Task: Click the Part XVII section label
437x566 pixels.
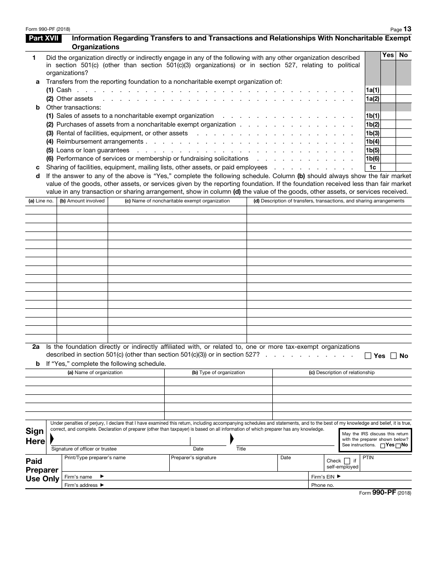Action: pyautogui.click(x=44, y=39)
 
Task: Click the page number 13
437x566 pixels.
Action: pyautogui.click(x=407, y=29)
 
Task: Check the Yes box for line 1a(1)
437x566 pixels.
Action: pyautogui.click(x=388, y=90)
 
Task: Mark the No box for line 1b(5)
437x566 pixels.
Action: pyautogui.click(x=403, y=150)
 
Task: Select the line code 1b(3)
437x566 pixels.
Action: pyautogui.click(x=372, y=133)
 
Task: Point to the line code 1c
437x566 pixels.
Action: pyautogui.click(x=372, y=167)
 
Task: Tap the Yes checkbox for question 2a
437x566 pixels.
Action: pyautogui.click(x=368, y=356)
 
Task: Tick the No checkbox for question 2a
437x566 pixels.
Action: pyautogui.click(x=394, y=356)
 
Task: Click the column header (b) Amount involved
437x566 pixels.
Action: pyautogui.click(x=82, y=201)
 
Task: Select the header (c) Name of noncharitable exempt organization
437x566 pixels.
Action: pyautogui.click(x=177, y=201)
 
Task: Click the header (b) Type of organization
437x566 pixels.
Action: pyautogui.click(x=218, y=372)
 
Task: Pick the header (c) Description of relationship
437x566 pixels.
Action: pyautogui.click(x=341, y=372)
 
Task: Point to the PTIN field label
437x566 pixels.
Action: pyautogui.click(x=368, y=458)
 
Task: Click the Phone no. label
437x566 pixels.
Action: pyautogui.click(x=322, y=485)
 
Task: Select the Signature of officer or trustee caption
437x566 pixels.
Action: pyautogui.click(x=84, y=449)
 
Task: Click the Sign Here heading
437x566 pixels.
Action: pyautogui.click(x=35, y=436)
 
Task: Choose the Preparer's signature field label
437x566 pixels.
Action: pyautogui.click(x=193, y=458)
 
